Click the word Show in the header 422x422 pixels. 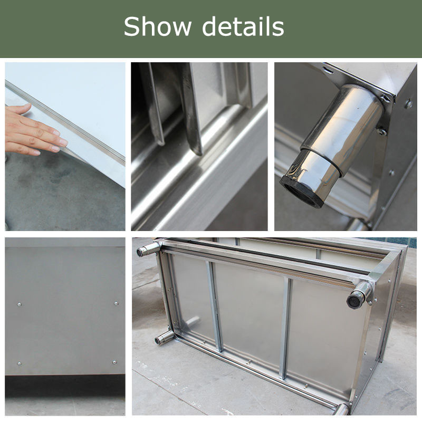(157, 26)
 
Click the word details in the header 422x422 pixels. (243, 26)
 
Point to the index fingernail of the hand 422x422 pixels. (63, 142)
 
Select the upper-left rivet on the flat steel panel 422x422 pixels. (19, 304)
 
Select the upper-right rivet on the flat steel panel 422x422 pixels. (116, 303)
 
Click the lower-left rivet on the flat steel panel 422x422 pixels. (19, 363)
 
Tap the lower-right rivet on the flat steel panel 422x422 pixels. (114, 362)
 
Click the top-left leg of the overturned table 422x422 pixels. (148, 250)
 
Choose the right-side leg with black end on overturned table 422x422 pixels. (359, 295)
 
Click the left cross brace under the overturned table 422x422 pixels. (215, 306)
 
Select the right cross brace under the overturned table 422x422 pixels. (286, 328)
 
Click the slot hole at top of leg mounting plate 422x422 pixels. (327, 71)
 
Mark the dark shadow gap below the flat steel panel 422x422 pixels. (65, 386)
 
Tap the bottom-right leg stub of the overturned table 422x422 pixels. (341, 409)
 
